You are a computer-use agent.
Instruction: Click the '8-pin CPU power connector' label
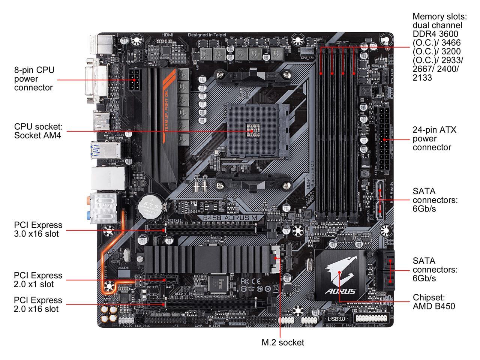(x=34, y=79)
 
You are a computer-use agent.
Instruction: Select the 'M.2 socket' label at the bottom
(x=282, y=342)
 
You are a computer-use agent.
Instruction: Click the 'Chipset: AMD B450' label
(x=434, y=302)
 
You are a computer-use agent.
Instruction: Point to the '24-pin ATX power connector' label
(x=434, y=139)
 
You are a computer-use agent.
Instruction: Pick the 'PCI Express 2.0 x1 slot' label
(x=38, y=280)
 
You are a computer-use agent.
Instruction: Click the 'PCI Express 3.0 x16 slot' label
(x=38, y=229)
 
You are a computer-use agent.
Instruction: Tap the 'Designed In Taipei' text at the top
(x=207, y=35)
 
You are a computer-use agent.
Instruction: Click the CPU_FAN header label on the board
(x=307, y=58)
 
